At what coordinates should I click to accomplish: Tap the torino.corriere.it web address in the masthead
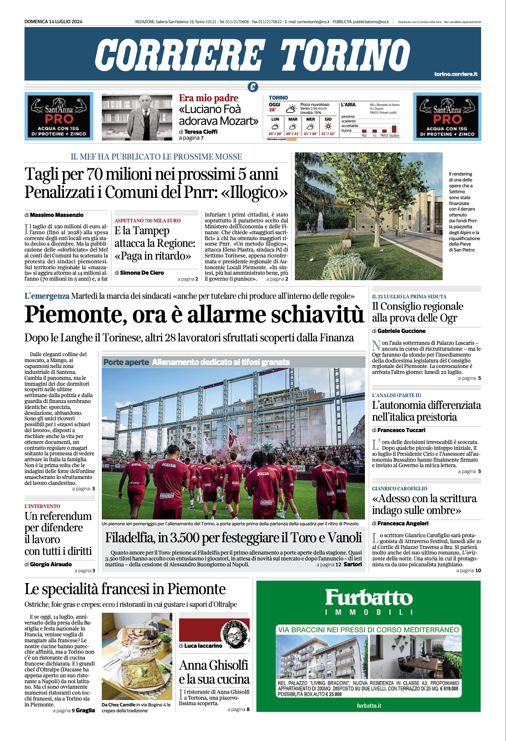point(455,74)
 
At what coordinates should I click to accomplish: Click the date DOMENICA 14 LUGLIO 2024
point(53,22)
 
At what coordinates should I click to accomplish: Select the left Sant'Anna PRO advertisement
point(59,116)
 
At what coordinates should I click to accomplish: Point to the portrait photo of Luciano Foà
point(137,117)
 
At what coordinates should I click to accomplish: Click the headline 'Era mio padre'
point(208,98)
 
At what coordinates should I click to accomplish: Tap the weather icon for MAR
point(293,126)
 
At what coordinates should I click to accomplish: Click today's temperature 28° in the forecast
point(273,110)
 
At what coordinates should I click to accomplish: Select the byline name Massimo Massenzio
point(57,215)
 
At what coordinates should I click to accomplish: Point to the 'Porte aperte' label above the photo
point(126,362)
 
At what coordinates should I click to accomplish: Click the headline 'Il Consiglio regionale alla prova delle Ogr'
point(417,312)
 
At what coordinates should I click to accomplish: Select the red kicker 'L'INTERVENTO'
point(42,506)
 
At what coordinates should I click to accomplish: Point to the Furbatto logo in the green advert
point(368,598)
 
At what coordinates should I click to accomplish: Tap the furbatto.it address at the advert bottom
point(369,706)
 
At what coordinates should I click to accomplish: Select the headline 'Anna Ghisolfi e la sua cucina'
point(214,672)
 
